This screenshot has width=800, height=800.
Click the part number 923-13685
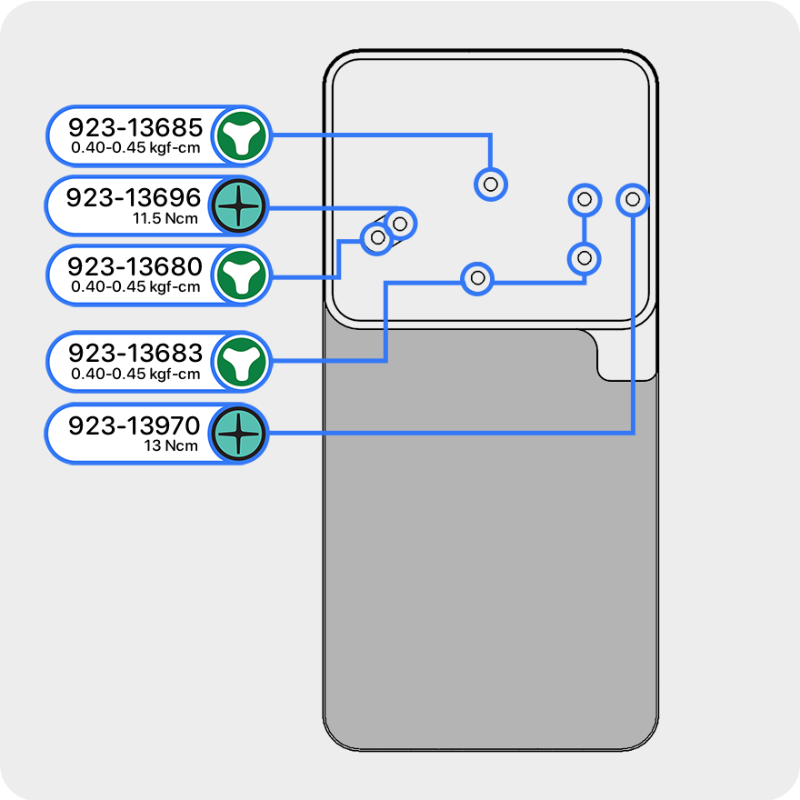point(135,127)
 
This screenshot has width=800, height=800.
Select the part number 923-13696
point(134,197)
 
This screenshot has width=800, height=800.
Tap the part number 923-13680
point(135,266)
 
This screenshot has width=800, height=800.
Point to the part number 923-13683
point(135,353)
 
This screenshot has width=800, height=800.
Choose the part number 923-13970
point(134,425)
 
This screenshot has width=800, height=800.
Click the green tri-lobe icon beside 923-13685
point(241,136)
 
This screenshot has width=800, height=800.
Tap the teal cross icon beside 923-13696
point(239,206)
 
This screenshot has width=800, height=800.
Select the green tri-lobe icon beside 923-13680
point(241,275)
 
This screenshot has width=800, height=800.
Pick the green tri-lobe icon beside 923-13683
point(241,362)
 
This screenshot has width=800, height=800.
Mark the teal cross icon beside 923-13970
point(239,434)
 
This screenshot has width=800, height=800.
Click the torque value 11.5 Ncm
point(165,219)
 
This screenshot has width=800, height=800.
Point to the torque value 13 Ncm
point(171,446)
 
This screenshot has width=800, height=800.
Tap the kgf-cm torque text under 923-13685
point(135,148)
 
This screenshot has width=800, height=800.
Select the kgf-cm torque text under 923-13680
point(135,286)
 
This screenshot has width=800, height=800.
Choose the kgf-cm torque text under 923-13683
point(135,374)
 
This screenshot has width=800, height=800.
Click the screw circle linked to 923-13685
point(491,185)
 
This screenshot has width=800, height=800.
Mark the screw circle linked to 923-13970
point(633,199)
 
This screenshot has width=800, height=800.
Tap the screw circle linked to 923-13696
point(400,224)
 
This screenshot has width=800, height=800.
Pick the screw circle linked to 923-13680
point(377,237)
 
